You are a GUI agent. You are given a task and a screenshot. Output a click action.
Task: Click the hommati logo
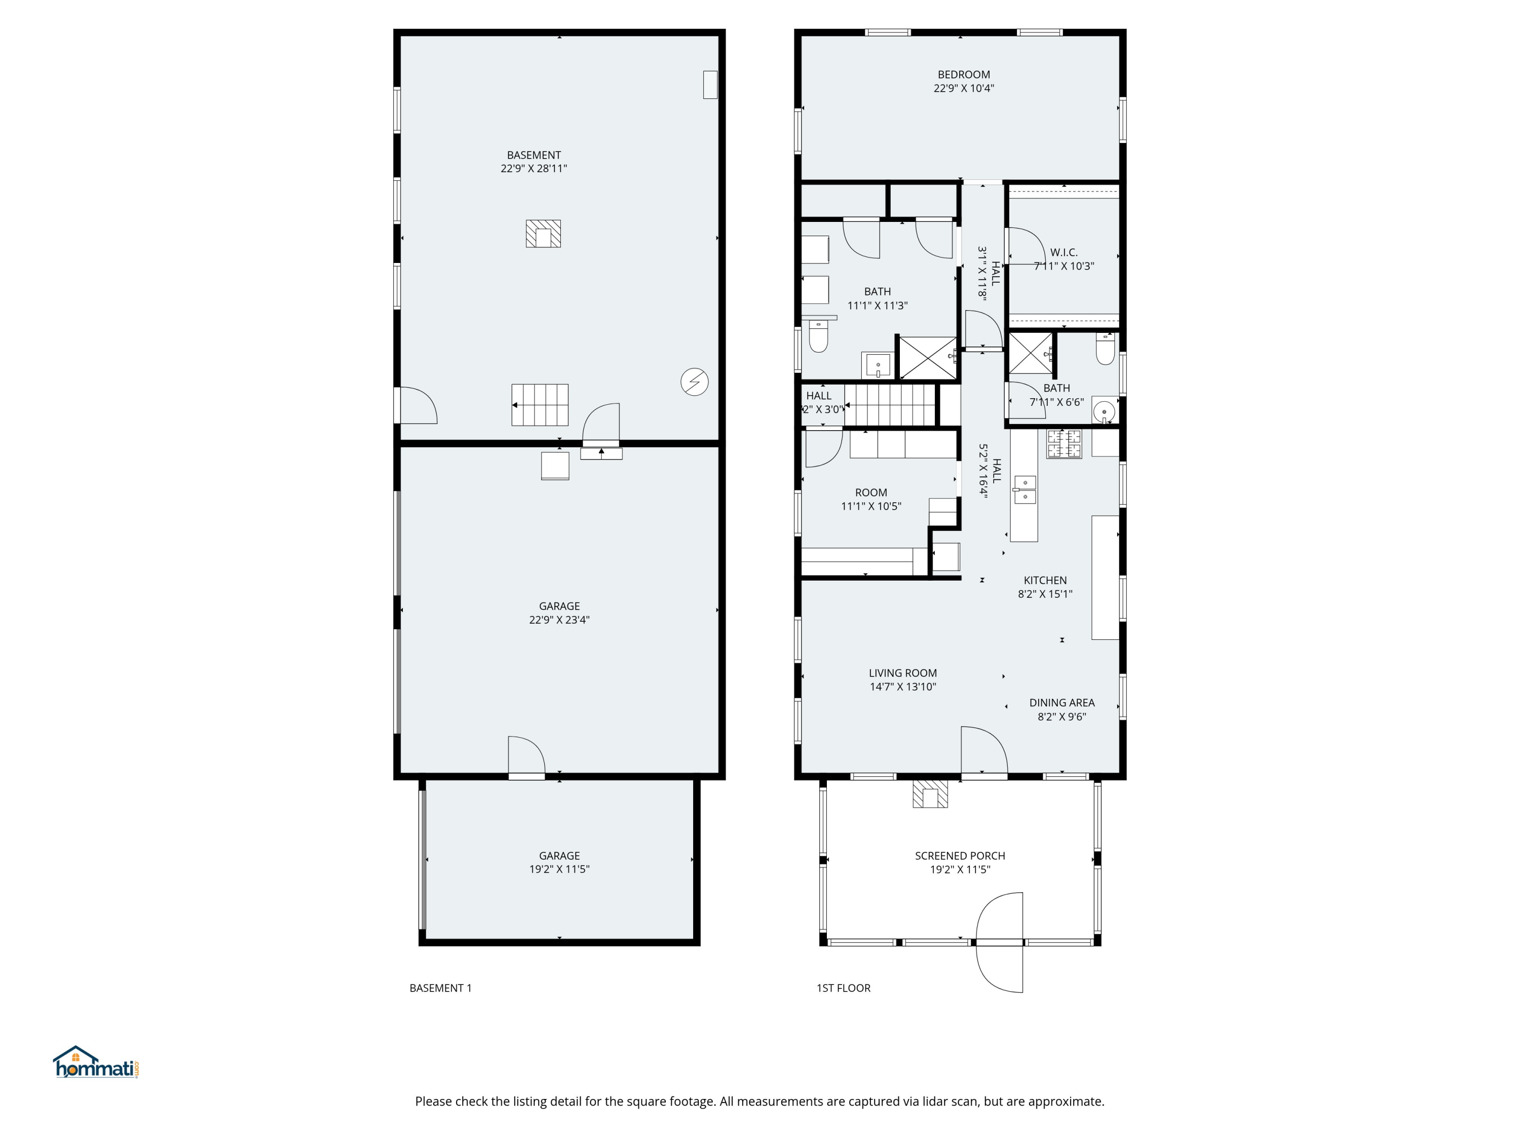pos(97,1062)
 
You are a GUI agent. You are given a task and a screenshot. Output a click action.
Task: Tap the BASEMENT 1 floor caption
pos(440,988)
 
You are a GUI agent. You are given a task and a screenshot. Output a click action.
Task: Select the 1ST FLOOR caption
pos(843,988)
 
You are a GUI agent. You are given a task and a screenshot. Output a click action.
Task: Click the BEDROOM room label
pos(963,74)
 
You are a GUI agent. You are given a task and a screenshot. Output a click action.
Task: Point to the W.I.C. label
pos(1063,252)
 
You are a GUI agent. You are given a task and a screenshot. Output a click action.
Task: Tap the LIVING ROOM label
pos(902,673)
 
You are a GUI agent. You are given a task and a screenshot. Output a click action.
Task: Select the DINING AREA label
pos(1061,702)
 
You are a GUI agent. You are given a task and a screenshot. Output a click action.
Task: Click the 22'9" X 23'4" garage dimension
pos(559,620)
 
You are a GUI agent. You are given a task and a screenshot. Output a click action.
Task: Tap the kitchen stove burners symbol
pos(1063,444)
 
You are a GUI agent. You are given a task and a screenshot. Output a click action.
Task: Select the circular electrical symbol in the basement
pos(694,382)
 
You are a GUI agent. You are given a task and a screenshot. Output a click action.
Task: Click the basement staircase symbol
pos(540,405)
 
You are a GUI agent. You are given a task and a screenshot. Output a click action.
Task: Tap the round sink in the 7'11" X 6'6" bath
pos(1104,410)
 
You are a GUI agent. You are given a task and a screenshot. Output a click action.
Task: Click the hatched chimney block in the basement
pos(543,234)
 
